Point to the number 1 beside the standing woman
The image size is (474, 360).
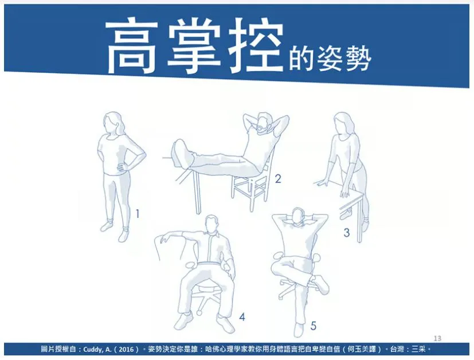138,214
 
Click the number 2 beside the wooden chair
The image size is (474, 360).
278,179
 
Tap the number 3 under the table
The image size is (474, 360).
346,232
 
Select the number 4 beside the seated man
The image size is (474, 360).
242,317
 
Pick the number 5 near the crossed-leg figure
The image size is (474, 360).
313,326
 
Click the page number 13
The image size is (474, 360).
437,338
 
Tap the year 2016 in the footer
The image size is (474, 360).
126,350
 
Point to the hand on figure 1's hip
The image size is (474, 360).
122,167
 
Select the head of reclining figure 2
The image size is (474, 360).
263,123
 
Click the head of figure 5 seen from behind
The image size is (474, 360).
299,217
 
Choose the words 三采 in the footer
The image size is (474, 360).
418,350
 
